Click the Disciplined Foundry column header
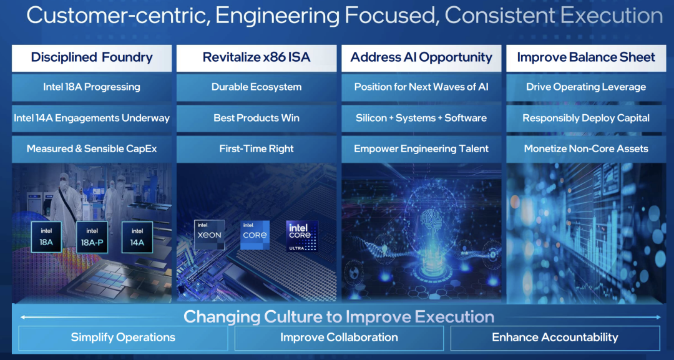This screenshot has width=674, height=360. (x=92, y=58)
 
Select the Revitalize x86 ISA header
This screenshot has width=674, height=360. (x=256, y=58)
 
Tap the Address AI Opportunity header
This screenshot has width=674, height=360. (x=421, y=58)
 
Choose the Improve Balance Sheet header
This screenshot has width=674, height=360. (x=586, y=58)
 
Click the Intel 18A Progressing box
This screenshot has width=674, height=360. (x=92, y=87)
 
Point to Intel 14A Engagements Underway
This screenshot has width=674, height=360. (x=92, y=118)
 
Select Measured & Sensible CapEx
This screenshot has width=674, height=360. (x=92, y=149)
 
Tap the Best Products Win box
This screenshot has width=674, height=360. (x=256, y=118)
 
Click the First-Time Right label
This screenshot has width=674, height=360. (x=256, y=149)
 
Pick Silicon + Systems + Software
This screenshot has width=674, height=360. (x=421, y=118)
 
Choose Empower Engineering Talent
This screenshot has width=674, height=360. (x=421, y=149)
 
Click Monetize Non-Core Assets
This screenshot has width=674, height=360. (x=586, y=149)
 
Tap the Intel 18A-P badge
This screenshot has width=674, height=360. (x=92, y=237)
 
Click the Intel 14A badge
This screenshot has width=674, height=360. (x=137, y=237)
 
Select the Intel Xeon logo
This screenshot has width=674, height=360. (x=209, y=235)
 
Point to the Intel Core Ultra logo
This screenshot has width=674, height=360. (x=302, y=236)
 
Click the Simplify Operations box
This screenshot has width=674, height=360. (x=123, y=338)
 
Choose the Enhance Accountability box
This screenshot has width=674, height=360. (x=555, y=338)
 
